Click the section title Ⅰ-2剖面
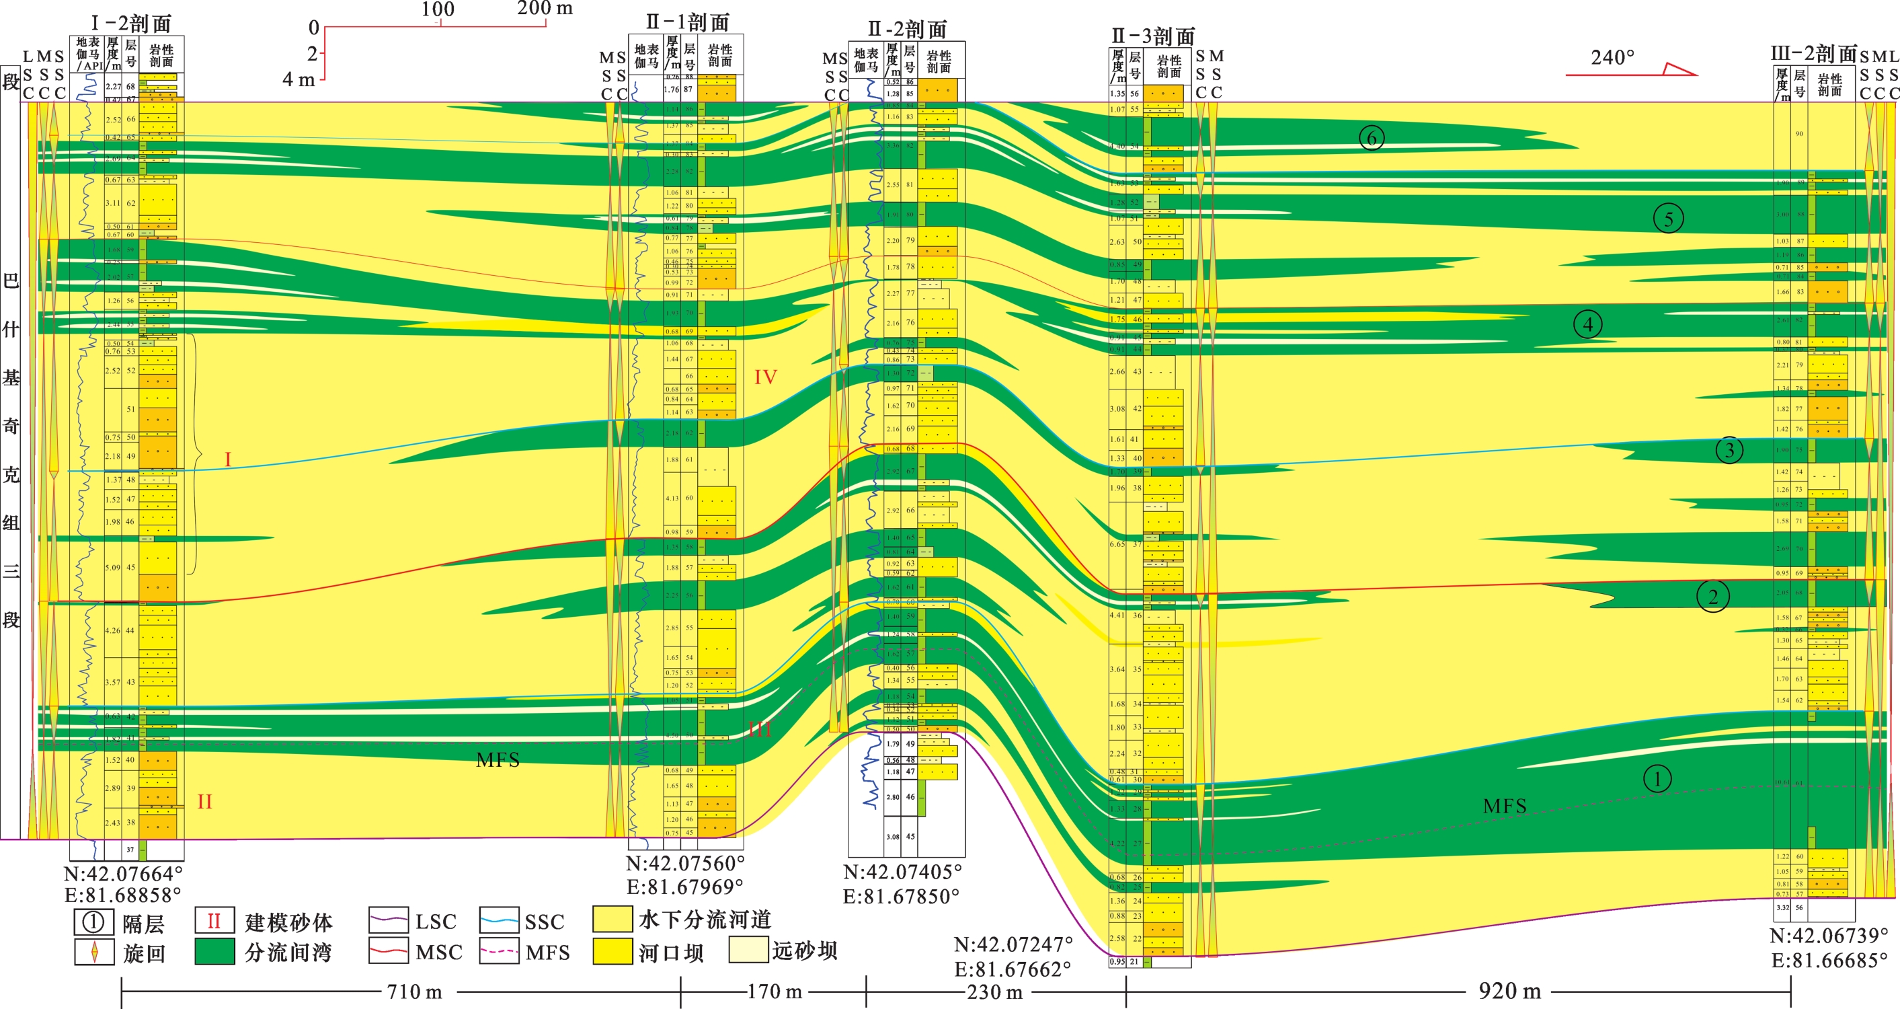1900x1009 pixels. pos(131,23)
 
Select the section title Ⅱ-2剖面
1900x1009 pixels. pos(907,30)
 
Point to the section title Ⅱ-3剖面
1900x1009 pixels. pos(1153,36)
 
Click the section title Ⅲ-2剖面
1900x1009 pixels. pos(1814,54)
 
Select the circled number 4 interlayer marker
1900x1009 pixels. pos(1587,324)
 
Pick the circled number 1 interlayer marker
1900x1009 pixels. pos(1657,778)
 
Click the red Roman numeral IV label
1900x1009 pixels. pos(765,377)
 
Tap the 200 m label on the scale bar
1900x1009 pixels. pos(545,9)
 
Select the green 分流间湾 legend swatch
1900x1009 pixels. pos(214,951)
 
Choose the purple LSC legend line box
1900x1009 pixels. pos(388,920)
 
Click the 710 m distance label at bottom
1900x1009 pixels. pos(415,992)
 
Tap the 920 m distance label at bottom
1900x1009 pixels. pos(1509,992)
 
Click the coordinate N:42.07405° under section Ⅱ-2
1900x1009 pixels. pos(902,872)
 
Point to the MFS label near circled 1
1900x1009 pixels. pos(1505,806)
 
